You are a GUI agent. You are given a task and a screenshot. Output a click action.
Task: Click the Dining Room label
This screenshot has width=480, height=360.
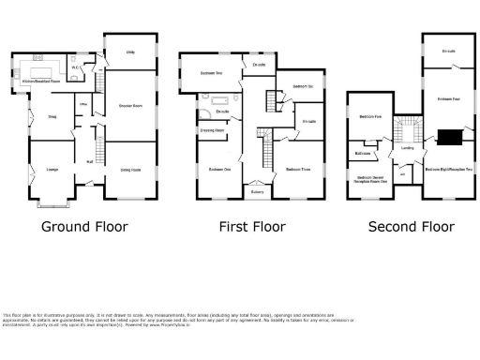point(130,169)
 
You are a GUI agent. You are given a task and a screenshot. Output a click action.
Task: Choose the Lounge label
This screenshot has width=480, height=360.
point(52,169)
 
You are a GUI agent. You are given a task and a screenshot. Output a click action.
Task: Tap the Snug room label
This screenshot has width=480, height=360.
point(52,117)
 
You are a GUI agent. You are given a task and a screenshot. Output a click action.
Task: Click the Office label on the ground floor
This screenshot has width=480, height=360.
point(82,104)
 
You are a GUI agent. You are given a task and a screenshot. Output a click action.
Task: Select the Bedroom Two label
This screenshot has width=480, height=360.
point(211,73)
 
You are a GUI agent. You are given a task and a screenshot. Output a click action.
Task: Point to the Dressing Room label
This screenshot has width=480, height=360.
point(213,130)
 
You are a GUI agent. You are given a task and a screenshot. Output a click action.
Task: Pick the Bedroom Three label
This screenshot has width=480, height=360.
point(298,170)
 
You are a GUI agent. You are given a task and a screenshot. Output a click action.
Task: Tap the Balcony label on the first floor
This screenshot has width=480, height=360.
point(257,191)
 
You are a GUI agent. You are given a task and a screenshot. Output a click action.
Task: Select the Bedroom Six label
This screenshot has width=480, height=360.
point(301,86)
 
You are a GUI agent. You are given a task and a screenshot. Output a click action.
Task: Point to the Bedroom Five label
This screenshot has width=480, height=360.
point(370,117)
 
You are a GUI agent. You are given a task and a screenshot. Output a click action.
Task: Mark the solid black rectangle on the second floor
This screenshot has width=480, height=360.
point(452,137)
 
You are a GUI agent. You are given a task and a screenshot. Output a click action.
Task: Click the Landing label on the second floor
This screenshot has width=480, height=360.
point(408,147)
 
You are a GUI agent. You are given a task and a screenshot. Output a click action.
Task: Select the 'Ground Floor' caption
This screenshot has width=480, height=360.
point(84,226)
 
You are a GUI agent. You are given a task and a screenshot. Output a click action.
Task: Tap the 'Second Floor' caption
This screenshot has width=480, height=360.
point(411,226)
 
